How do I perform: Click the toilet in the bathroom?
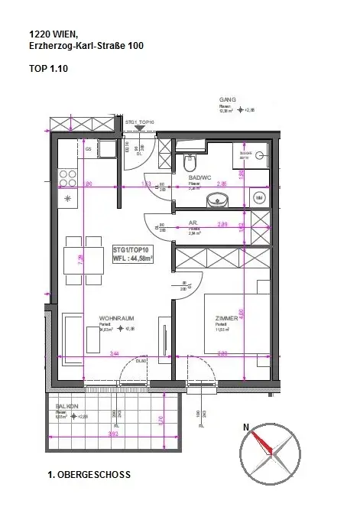coord(190,162)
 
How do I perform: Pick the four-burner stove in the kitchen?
coord(67,177)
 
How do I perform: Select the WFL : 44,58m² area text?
coord(133,258)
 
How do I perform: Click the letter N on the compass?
coord(246,428)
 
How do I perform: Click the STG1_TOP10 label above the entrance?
coord(141,122)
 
